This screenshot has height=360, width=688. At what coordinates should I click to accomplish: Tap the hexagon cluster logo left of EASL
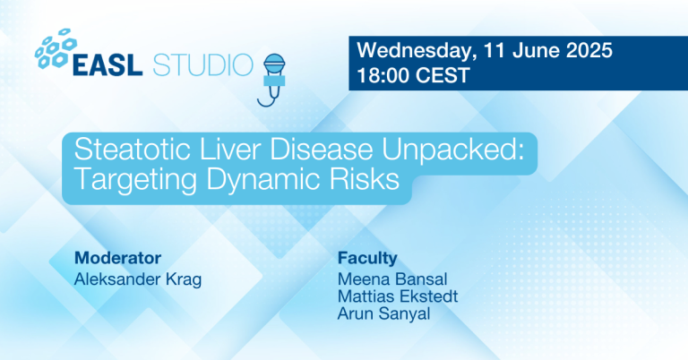pos(56,48)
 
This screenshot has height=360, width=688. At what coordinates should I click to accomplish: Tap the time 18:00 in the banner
pos(384,75)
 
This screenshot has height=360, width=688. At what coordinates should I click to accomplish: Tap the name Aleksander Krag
pos(138,279)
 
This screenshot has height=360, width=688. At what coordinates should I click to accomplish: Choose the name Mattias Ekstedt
pos(391,296)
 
